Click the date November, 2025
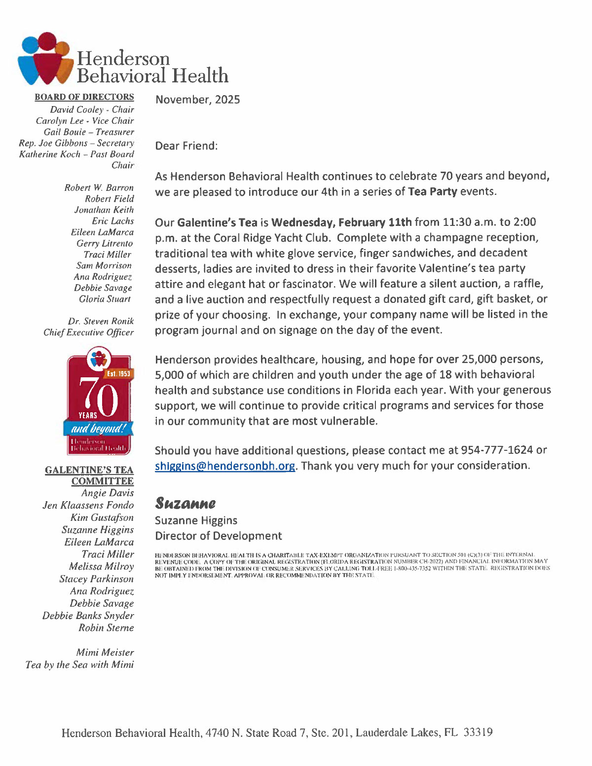pyautogui.click(x=197, y=100)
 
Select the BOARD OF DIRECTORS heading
pyautogui.click(x=84, y=97)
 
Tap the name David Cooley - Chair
pyautogui.click(x=92, y=109)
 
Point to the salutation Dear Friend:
pyautogui.click(x=186, y=146)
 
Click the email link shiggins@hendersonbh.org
pyautogui.click(x=225, y=466)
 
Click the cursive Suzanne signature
pyautogui.click(x=185, y=504)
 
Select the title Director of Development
pyautogui.click(x=218, y=536)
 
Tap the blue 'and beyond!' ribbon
pyautogui.click(x=98, y=428)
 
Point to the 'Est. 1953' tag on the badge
pyautogui.click(x=118, y=374)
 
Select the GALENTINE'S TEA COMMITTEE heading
pyautogui.click(x=89, y=475)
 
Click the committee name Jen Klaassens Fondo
pyautogui.click(x=88, y=505)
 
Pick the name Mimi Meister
pyautogui.click(x=105, y=653)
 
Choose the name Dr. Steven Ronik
pyautogui.click(x=101, y=321)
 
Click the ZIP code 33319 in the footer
pyautogui.click(x=478, y=732)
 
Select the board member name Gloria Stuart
pyautogui.click(x=105, y=299)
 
